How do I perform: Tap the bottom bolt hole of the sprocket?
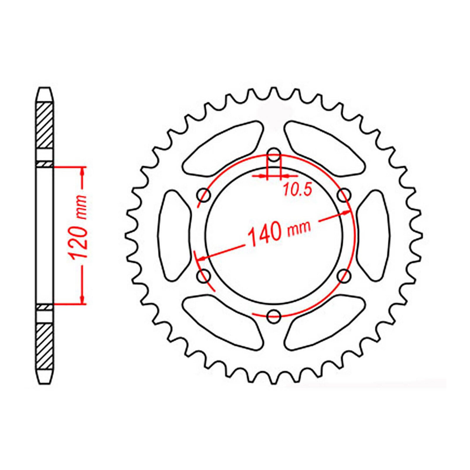(274, 315)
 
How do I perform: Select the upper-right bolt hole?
(344, 194)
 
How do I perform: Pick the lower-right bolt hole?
(344, 276)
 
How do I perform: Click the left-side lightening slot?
(173, 235)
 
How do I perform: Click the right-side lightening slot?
(374, 235)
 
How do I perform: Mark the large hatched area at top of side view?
(46, 125)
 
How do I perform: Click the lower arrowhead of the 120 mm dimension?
(83, 300)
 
